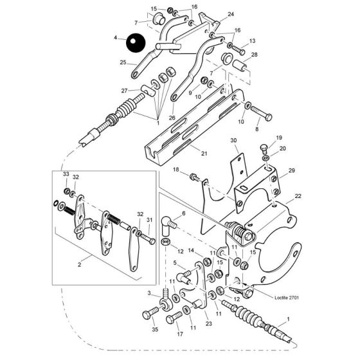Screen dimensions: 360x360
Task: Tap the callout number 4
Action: point(116,39)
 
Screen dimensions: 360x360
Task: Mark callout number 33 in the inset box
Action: point(66,175)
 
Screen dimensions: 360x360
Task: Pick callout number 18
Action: point(175,170)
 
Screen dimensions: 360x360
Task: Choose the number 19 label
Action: point(279,138)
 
